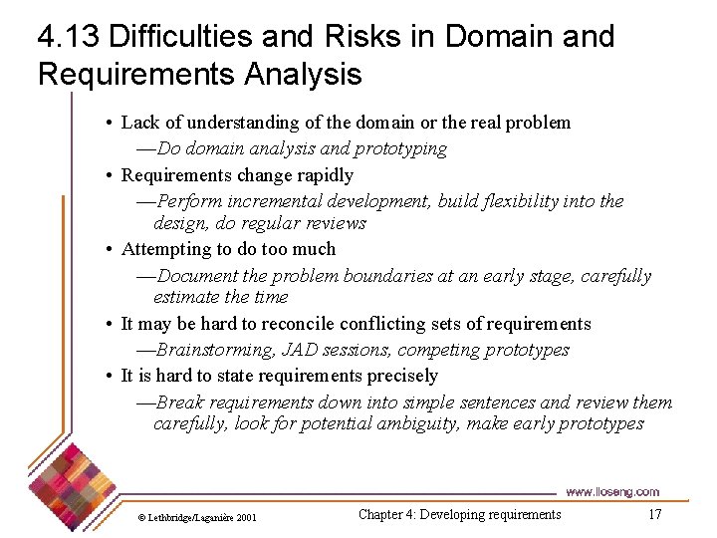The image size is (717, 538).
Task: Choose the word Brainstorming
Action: click(x=214, y=350)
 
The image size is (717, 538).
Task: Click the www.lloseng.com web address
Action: click(x=611, y=491)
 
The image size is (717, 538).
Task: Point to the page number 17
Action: click(x=654, y=514)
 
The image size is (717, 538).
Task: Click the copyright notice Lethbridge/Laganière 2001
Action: click(x=196, y=517)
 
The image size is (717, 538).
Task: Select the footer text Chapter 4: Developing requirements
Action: click(x=459, y=514)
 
